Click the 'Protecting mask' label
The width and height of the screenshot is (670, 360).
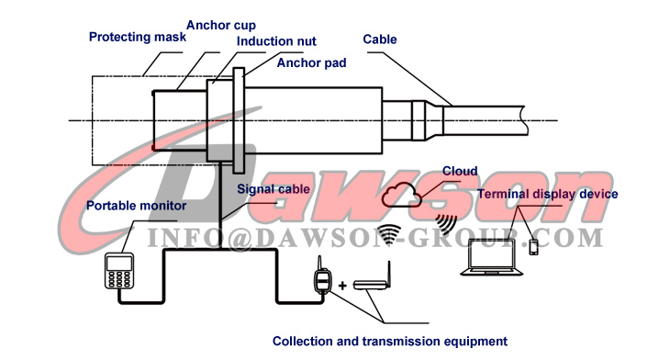[138, 38]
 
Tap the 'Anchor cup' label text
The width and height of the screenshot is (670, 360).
[221, 24]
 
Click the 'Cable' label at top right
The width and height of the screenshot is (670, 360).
[379, 39]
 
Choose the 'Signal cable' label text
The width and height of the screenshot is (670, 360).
[274, 188]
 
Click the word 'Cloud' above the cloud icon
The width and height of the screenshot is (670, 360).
[460, 171]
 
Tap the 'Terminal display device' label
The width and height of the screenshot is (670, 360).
[547, 194]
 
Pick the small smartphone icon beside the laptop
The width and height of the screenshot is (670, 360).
[534, 246]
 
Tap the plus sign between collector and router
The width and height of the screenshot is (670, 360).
[343, 286]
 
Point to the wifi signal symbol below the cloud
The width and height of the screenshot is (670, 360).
[389, 233]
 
